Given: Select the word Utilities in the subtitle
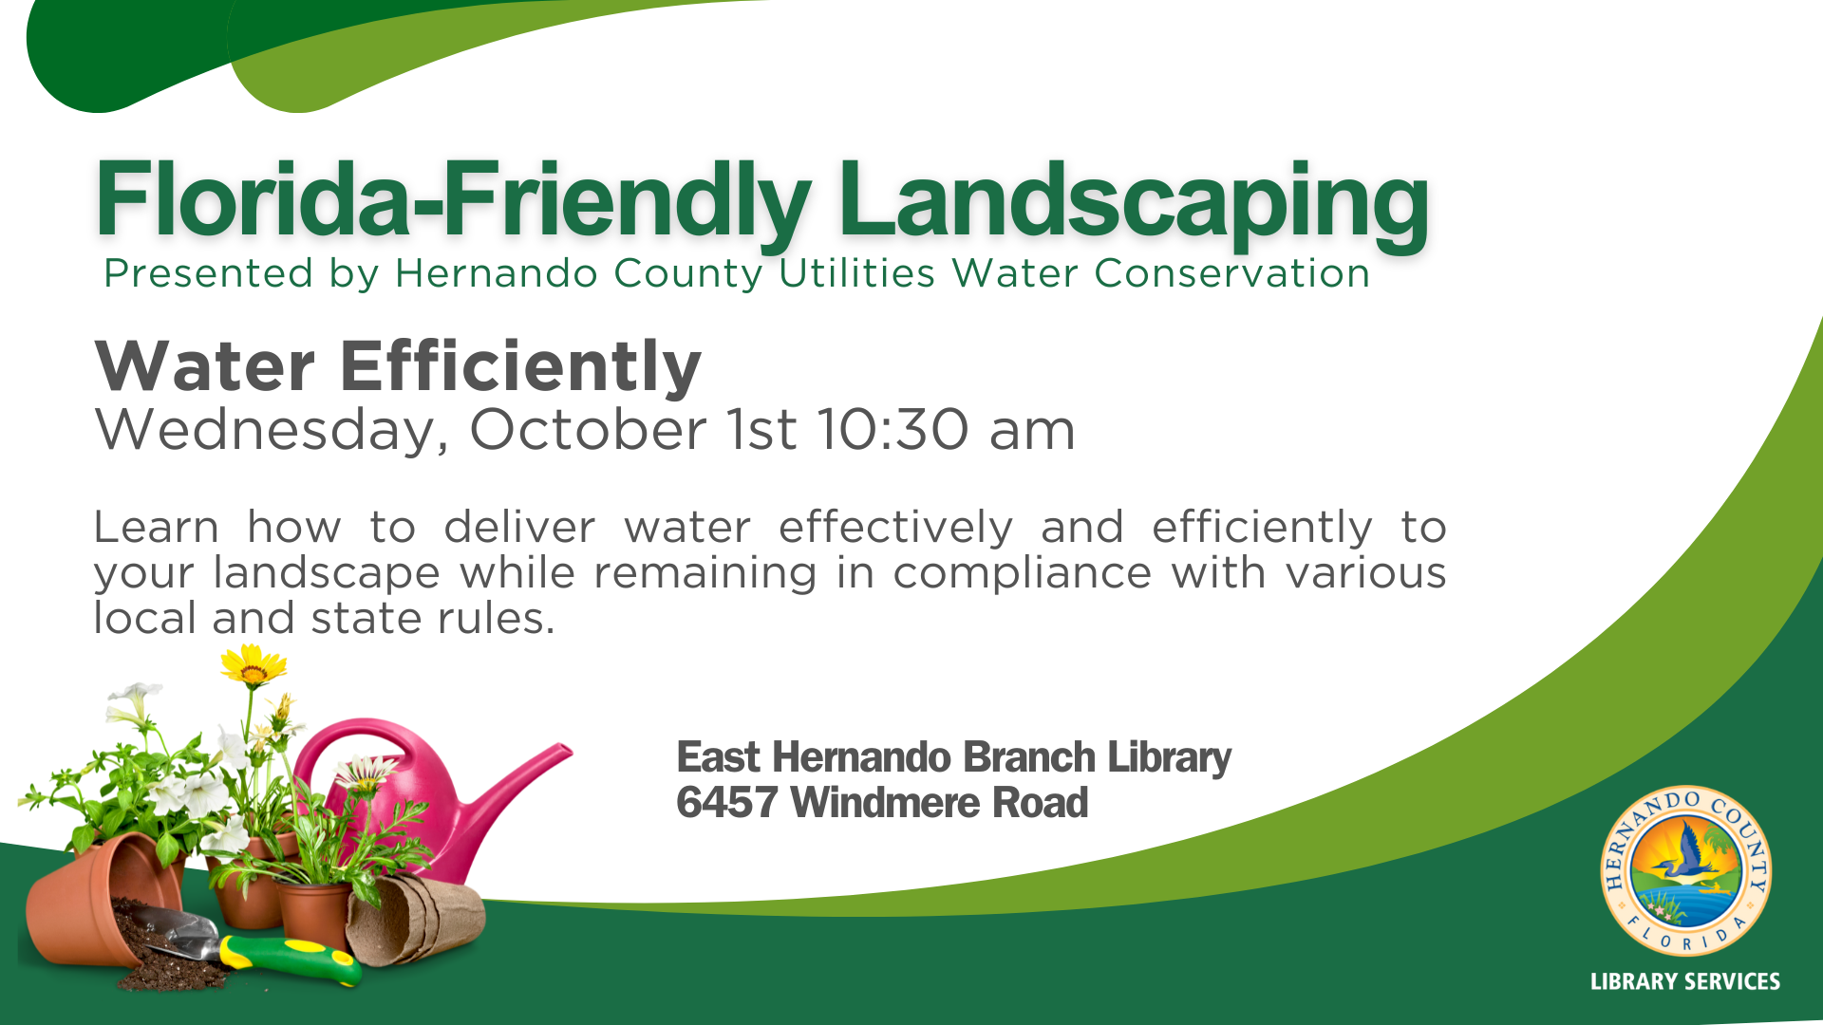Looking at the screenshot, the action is [x=857, y=273].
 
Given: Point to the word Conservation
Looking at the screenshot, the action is [x=1231, y=273].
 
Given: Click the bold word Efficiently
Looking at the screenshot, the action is [x=520, y=367].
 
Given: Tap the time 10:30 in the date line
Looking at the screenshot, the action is [x=893, y=430].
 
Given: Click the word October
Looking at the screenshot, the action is [x=588, y=430].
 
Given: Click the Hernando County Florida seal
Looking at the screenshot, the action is [x=1685, y=871].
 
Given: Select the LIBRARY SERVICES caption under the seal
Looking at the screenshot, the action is [x=1685, y=982].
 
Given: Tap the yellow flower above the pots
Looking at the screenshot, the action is [x=253, y=664].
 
